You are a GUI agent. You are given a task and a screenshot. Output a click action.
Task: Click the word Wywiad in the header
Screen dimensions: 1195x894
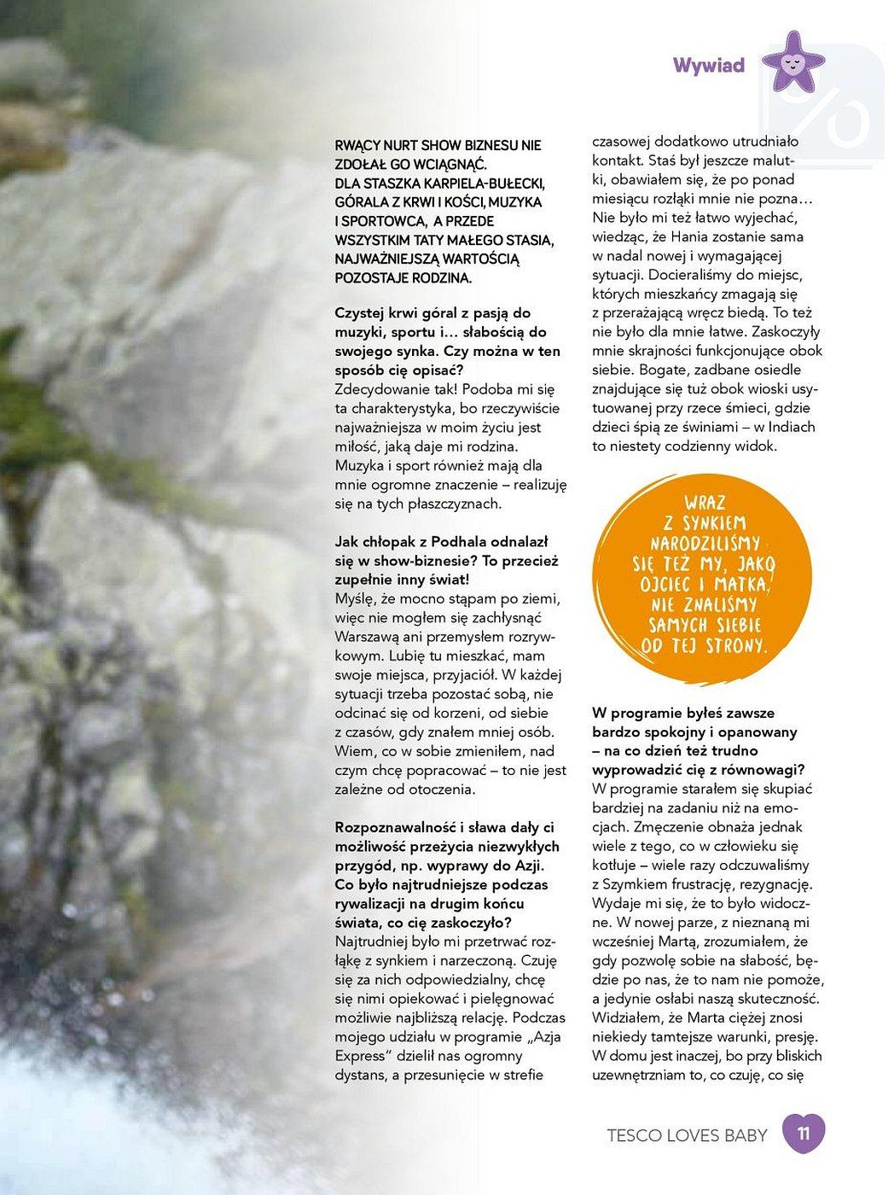click(x=708, y=66)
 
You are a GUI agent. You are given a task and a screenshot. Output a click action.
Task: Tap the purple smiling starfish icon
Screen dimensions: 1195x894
click(x=792, y=61)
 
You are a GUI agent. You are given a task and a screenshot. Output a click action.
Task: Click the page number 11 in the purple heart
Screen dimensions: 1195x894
click(x=803, y=1134)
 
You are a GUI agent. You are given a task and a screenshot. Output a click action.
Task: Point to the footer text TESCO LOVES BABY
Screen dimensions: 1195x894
click(x=687, y=1136)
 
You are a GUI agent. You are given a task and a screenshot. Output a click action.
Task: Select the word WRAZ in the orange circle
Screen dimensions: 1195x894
click(x=705, y=503)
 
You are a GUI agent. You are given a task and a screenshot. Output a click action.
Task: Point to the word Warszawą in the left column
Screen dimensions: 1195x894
click(x=368, y=637)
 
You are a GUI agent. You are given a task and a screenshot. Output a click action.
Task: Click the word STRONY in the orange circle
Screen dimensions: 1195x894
click(x=739, y=645)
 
